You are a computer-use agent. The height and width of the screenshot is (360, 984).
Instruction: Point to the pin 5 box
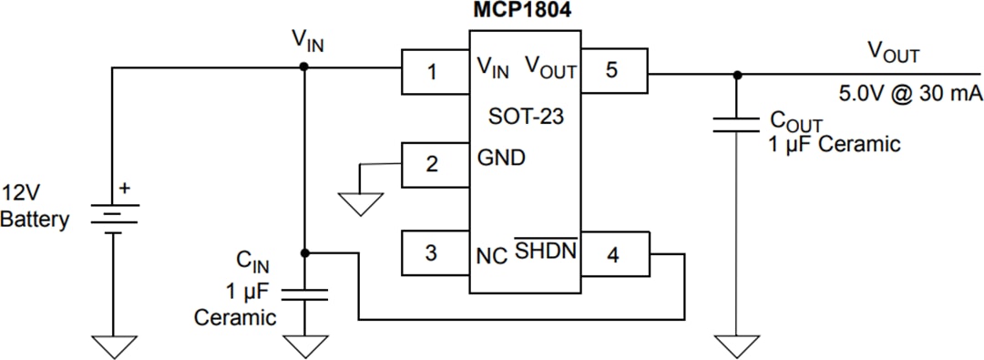[x=613, y=70]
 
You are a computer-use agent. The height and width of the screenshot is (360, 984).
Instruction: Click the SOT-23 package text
[x=525, y=116]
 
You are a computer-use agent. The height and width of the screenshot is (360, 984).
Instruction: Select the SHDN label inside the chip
[x=546, y=251]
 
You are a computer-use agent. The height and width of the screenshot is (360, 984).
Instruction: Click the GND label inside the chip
[x=501, y=158]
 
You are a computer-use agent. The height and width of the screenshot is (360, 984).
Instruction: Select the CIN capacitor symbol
[x=305, y=293]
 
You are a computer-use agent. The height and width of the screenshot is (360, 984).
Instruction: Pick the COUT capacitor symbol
[x=736, y=123]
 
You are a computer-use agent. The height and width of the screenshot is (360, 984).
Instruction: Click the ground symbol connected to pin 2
[x=363, y=203]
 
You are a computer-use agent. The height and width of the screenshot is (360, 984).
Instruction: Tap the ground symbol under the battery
[x=113, y=346]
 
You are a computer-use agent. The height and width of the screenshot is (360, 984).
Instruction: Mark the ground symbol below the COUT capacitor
[x=736, y=346]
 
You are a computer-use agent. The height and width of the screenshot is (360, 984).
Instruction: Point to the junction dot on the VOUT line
[x=736, y=74]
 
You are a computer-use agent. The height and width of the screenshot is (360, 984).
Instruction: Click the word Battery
[x=35, y=220]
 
